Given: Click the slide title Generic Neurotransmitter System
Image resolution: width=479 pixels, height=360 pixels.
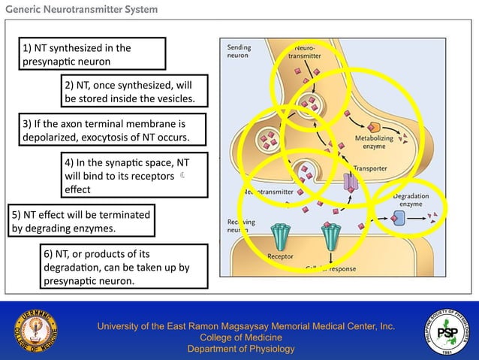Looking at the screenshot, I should [x=82, y=10].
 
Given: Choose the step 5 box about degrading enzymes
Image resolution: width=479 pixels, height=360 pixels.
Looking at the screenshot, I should [x=80, y=220].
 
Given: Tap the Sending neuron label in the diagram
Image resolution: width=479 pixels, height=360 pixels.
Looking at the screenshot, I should [x=239, y=51].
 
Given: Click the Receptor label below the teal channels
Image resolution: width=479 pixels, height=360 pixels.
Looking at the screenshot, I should [x=280, y=256].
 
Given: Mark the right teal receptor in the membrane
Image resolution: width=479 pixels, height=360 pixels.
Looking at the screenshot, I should [x=331, y=236].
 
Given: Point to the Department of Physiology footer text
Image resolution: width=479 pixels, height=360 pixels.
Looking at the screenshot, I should [x=240, y=349].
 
